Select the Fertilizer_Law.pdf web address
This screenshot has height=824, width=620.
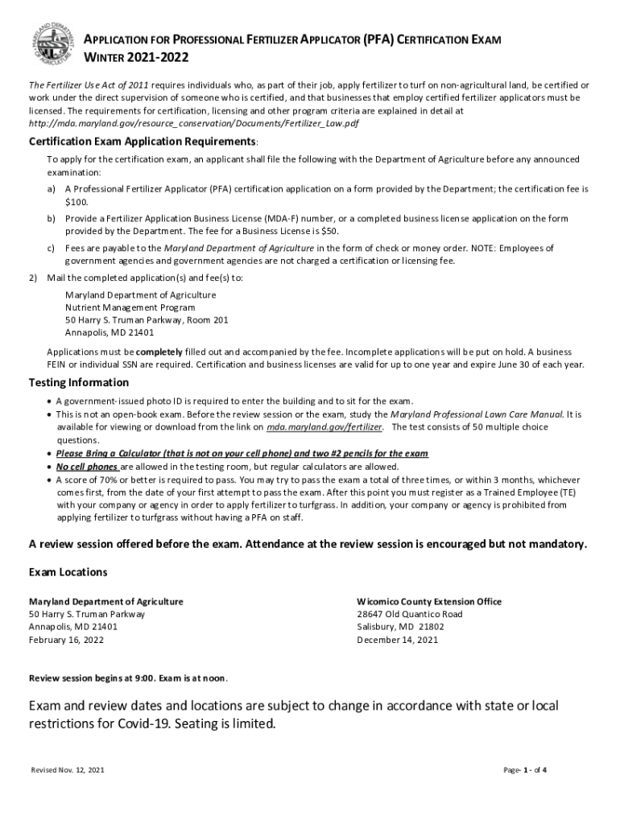(194, 123)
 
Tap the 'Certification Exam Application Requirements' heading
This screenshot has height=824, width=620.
(143, 142)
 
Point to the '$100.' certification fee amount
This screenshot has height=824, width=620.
(76, 201)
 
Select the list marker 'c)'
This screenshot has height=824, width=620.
(52, 249)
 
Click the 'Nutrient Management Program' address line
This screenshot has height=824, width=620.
(130, 307)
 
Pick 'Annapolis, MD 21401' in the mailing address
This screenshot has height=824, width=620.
(110, 332)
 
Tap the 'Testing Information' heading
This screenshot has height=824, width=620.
(79, 382)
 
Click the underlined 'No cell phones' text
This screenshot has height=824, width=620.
(87, 467)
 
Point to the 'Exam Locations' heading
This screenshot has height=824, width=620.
(68, 572)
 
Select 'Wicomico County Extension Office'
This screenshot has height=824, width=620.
(429, 601)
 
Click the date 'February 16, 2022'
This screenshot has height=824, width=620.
(66, 640)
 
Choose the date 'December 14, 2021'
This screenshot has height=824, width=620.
(397, 640)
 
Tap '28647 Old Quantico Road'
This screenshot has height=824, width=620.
(410, 614)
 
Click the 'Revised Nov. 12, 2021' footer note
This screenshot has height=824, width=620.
(67, 770)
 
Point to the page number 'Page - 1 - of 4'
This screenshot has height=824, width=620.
(525, 770)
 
